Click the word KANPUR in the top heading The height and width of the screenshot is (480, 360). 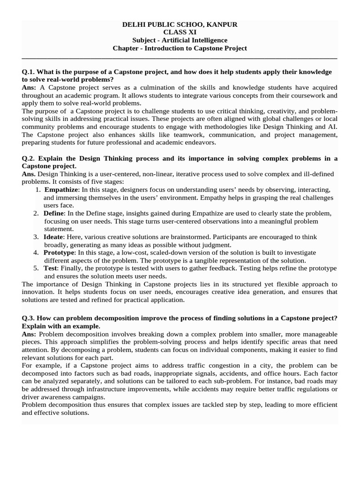tap(223, 24)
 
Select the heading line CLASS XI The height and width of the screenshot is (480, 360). tap(180, 32)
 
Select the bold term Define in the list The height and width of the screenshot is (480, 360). tap(53, 213)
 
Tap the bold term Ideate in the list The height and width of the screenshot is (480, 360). tap(53, 237)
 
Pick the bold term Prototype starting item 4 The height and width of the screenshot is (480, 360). tap(60, 253)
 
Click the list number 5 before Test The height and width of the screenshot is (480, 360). tap(36, 268)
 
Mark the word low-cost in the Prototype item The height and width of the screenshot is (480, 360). tap(134, 253)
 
